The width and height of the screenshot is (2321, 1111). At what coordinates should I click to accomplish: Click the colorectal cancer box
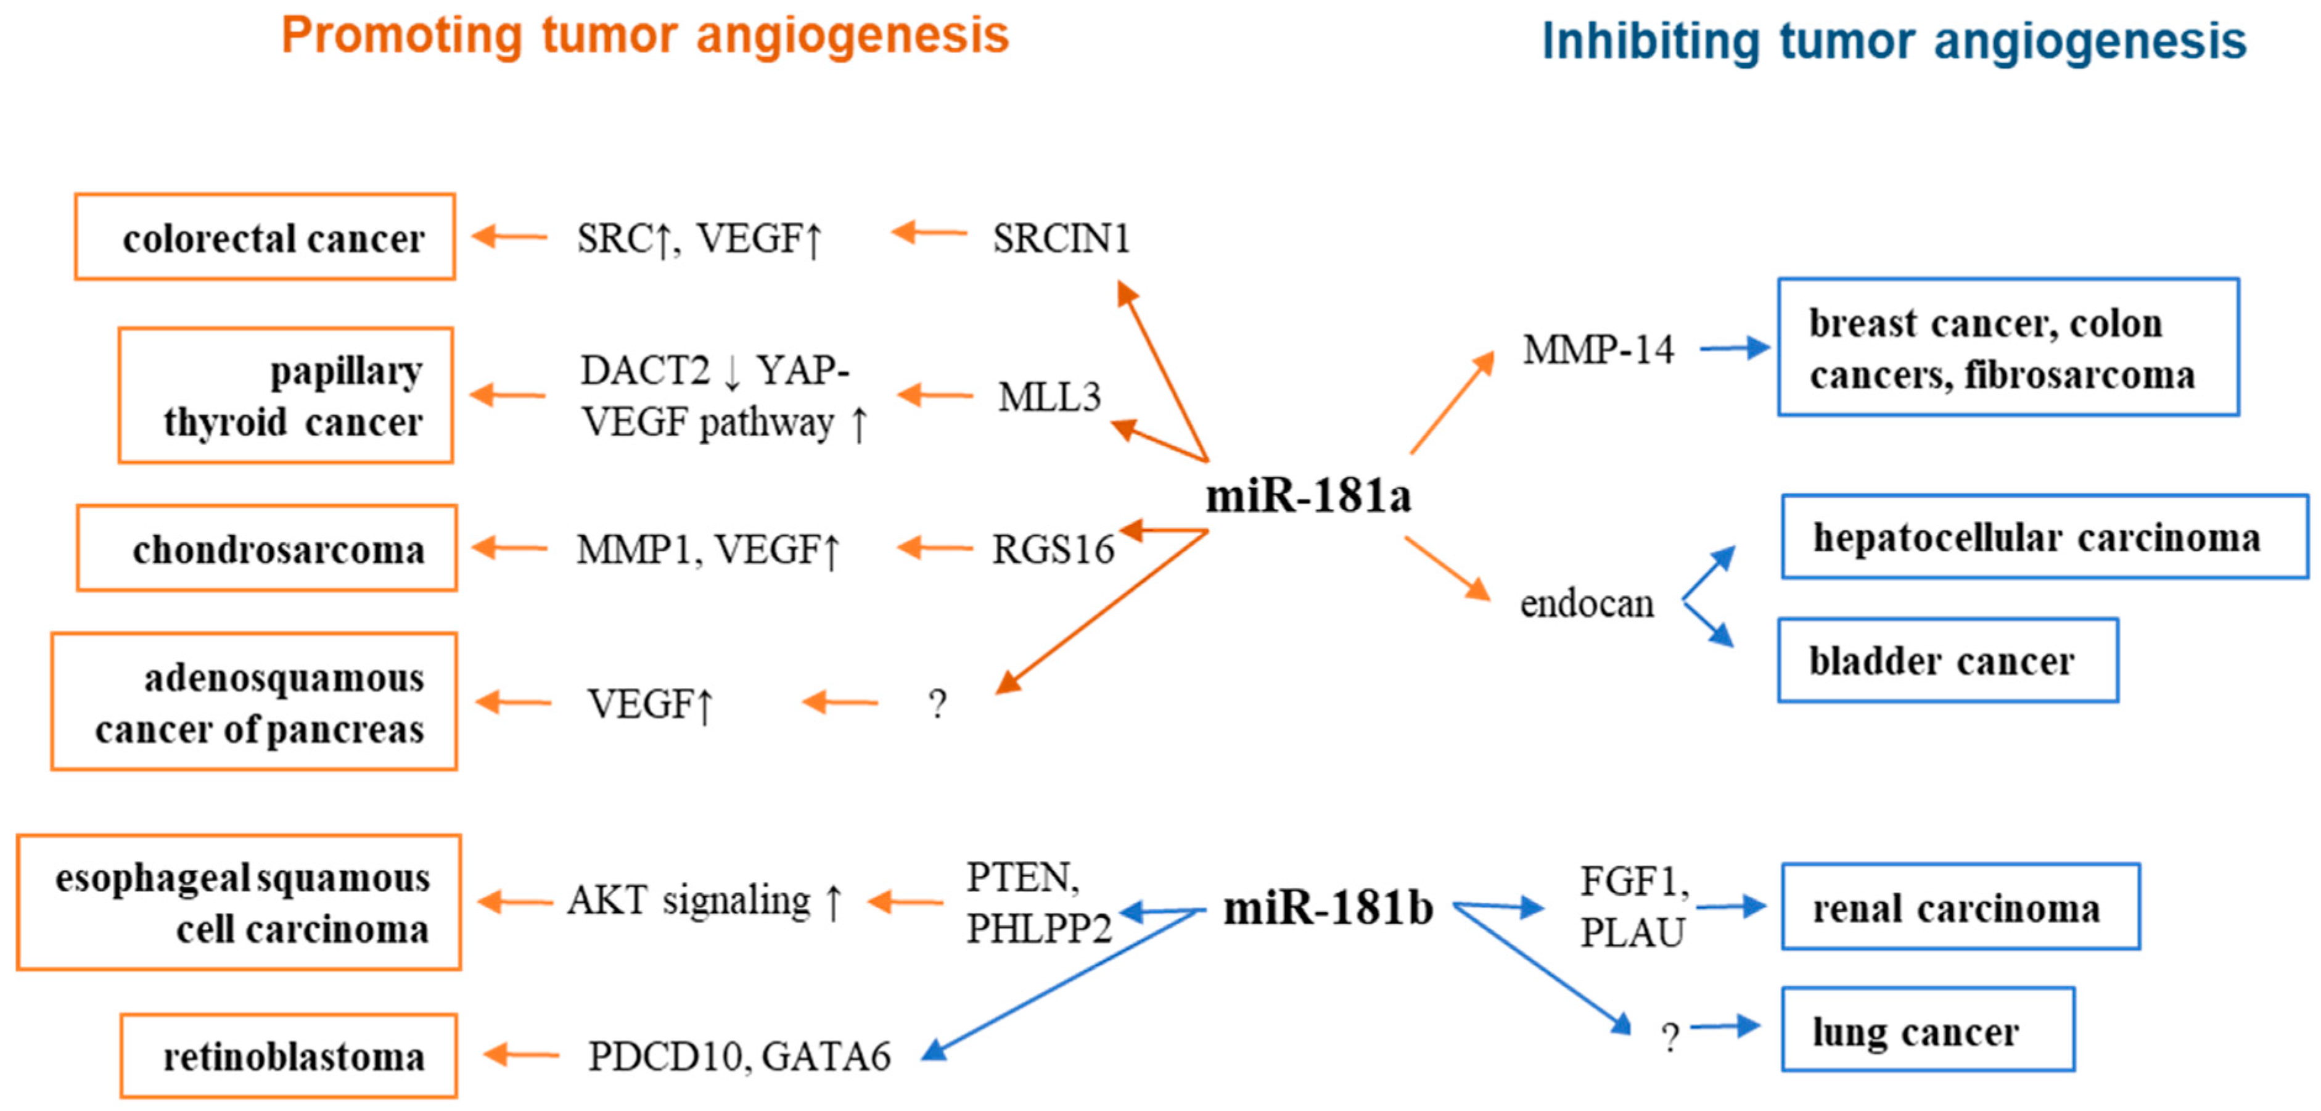pyautogui.click(x=265, y=237)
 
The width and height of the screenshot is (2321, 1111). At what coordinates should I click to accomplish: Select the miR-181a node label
pyautogui.click(x=1308, y=495)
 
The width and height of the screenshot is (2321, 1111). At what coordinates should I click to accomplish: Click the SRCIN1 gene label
pyautogui.click(x=1061, y=239)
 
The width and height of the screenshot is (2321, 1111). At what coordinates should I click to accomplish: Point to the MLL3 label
pyautogui.click(x=1049, y=397)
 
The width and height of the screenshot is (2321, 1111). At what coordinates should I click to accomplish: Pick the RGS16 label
pyautogui.click(x=1053, y=550)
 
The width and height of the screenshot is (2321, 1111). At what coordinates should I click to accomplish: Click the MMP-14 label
pyautogui.click(x=1598, y=350)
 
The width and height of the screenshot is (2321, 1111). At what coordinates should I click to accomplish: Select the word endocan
pyautogui.click(x=1587, y=604)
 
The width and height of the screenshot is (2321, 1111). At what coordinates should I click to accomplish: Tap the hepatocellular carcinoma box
pyautogui.click(x=2044, y=537)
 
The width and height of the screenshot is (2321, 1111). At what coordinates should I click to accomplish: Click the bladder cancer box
pyautogui.click(x=1947, y=661)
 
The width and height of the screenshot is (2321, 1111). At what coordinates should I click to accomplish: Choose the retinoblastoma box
pyautogui.click(x=289, y=1056)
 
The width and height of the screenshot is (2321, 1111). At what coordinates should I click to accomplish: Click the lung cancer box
pyautogui.click(x=1927, y=1030)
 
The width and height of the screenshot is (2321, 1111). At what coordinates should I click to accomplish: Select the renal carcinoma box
pyautogui.click(x=1960, y=907)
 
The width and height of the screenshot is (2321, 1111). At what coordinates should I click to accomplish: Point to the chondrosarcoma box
pyautogui.click(x=267, y=549)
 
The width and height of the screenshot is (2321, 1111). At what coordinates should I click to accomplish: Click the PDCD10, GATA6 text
pyautogui.click(x=739, y=1056)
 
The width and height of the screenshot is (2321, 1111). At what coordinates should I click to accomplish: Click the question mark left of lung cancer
pyautogui.click(x=1670, y=1037)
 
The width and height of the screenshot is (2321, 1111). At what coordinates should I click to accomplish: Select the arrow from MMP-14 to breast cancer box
pyautogui.click(x=1733, y=348)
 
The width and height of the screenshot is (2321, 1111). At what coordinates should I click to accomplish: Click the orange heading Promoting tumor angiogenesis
pyautogui.click(x=645, y=36)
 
